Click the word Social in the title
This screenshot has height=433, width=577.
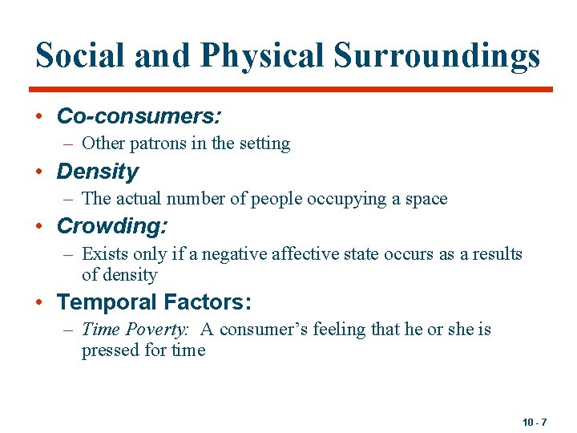pyautogui.click(x=79, y=55)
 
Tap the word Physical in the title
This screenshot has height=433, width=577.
pyautogui.click(x=262, y=55)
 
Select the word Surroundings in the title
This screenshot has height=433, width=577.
pyautogui.click(x=437, y=55)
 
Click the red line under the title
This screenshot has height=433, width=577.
pyautogui.click(x=291, y=89)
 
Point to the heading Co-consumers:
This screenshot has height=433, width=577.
pyautogui.click(x=139, y=116)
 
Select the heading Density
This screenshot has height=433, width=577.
pyautogui.click(x=97, y=172)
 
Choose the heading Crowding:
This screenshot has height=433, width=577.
pyautogui.click(x=111, y=227)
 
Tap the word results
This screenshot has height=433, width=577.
pyautogui.click(x=494, y=254)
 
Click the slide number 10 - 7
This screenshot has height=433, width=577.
pyautogui.click(x=535, y=422)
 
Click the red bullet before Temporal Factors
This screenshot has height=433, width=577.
pyautogui.click(x=39, y=303)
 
